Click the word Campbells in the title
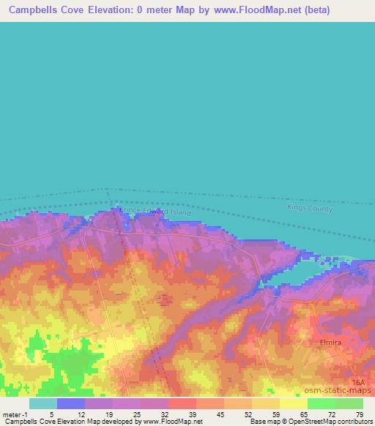tap(37, 10)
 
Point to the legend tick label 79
tap(360, 414)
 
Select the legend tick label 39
tap(191, 414)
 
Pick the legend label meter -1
tap(15, 414)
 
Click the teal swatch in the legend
tap(43, 403)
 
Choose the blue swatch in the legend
tap(71, 403)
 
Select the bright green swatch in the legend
tap(322, 403)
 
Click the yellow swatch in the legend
tap(294, 403)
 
